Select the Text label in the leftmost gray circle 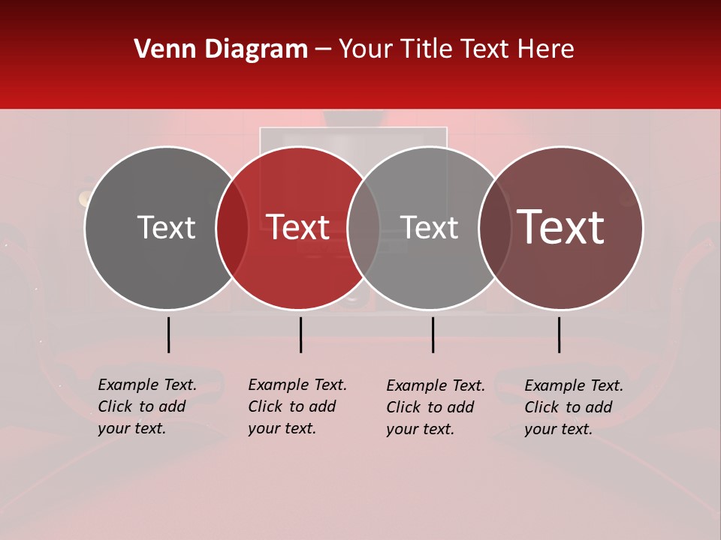166,227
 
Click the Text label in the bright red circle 298,227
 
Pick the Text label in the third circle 429,227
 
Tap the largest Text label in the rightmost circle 561,227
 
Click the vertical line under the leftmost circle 168,334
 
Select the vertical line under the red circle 300,334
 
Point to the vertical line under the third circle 433,334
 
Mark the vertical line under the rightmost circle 559,334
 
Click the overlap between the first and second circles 232,227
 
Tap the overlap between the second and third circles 364,227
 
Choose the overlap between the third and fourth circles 495,227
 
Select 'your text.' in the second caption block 282,428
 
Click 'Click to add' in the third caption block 430,407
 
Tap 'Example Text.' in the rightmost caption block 574,385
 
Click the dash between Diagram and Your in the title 323,49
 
